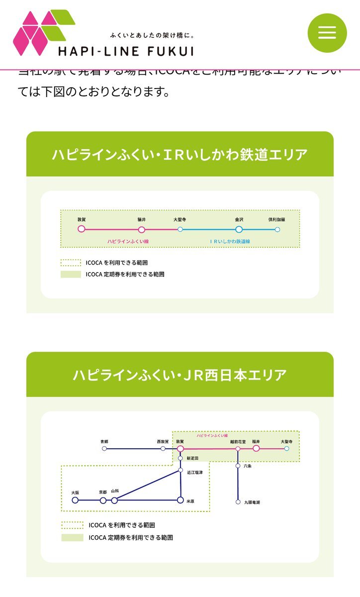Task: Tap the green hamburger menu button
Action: click(327, 33)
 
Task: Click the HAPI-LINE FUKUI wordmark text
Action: click(126, 51)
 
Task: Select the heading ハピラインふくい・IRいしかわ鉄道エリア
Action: click(180, 154)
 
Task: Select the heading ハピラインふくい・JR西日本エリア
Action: click(180, 375)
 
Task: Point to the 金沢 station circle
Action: click(239, 229)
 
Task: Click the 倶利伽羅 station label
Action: click(277, 219)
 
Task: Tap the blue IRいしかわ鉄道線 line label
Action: click(230, 241)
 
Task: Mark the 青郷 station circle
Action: click(104, 449)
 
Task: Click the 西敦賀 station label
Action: click(163, 441)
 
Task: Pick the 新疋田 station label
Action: click(192, 458)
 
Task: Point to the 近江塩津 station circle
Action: click(180, 470)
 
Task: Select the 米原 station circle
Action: click(180, 500)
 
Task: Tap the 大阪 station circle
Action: click(75, 500)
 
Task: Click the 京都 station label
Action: click(103, 492)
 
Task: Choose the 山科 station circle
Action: click(114, 500)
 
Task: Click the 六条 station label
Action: click(248, 466)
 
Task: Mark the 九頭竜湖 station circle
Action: click(238, 502)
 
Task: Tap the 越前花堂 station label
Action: click(238, 441)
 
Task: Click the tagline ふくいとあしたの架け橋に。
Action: click(152, 36)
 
